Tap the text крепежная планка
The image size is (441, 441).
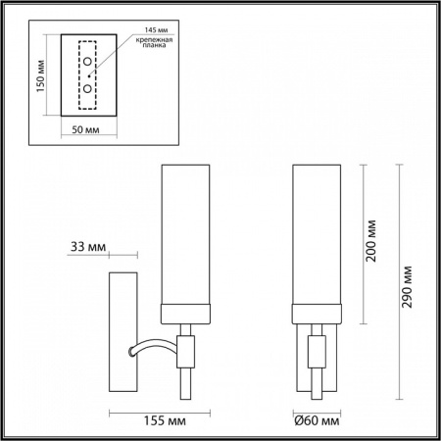point(154,41)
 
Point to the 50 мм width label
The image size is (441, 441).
point(87,128)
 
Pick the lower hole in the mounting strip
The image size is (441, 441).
point(87,88)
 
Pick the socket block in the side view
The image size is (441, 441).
point(185,349)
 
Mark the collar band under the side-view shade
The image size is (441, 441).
point(186,316)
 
